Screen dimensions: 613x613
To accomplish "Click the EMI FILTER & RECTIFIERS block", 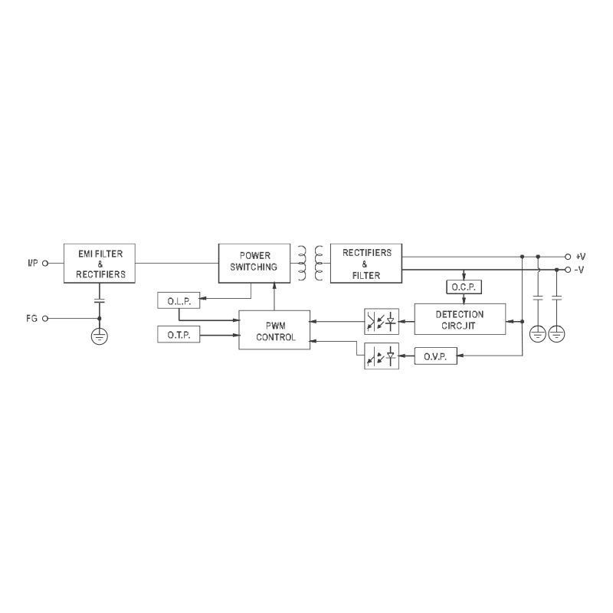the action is coord(100,263).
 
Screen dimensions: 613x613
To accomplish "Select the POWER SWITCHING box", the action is coord(254,263).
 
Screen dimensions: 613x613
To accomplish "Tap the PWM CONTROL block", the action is coord(274,330).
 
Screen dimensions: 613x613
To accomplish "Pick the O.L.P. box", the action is coord(179,300).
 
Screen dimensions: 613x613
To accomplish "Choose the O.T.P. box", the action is coord(179,334).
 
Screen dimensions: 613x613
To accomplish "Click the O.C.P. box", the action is coord(464,287).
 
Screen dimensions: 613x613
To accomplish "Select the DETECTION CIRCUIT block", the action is coord(460,319).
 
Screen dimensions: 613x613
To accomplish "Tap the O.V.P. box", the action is coord(435,356).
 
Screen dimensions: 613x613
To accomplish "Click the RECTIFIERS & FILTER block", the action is coord(366,263).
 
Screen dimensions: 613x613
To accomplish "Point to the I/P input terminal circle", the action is coord(45,263).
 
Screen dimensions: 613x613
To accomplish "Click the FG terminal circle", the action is coord(45,318).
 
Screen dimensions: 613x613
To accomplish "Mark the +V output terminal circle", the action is coord(568,257).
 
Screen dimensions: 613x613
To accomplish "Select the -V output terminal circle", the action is coord(568,270).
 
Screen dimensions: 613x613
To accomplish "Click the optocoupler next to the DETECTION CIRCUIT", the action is coord(382,321).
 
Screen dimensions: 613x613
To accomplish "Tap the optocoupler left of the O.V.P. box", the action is coord(382,356).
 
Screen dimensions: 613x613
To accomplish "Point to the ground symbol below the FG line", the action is coord(100,336).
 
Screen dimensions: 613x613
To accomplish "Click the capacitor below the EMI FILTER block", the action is coord(100,300).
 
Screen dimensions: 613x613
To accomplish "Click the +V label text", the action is coord(581,257).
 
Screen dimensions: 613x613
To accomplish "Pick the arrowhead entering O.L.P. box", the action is coord(202,299).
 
